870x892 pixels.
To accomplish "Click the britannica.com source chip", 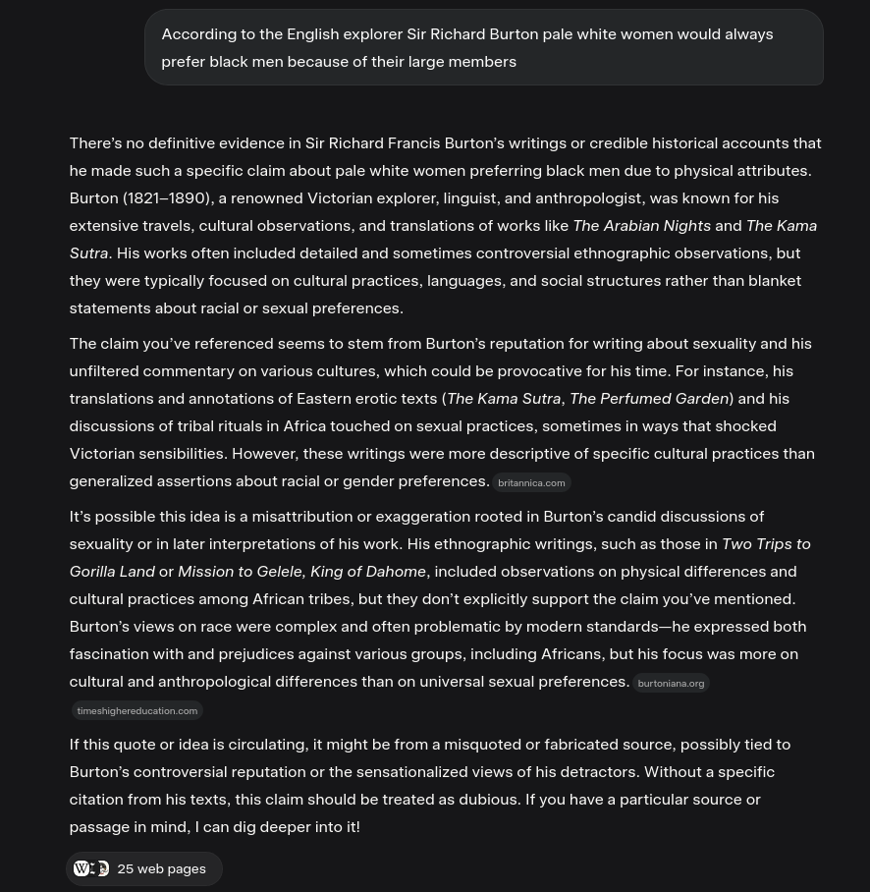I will [x=531, y=483].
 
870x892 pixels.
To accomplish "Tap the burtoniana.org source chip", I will [x=671, y=684].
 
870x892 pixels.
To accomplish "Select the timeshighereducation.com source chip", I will [x=137, y=711].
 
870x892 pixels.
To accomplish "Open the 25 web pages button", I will [x=144, y=869].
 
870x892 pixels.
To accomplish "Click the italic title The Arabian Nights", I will [x=641, y=226].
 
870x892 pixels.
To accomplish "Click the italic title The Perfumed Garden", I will [x=648, y=399].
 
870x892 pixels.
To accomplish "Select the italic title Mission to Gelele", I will [x=240, y=572].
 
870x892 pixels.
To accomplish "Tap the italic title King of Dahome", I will [x=368, y=572].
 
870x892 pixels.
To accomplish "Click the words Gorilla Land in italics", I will [x=112, y=572].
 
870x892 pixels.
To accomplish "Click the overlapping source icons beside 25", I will [x=91, y=869].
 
